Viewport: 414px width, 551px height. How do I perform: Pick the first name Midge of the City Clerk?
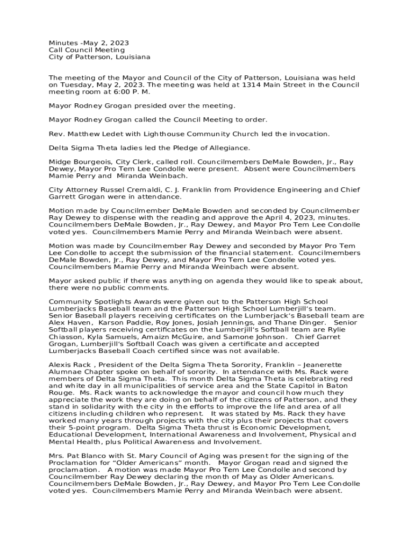pos(60,162)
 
